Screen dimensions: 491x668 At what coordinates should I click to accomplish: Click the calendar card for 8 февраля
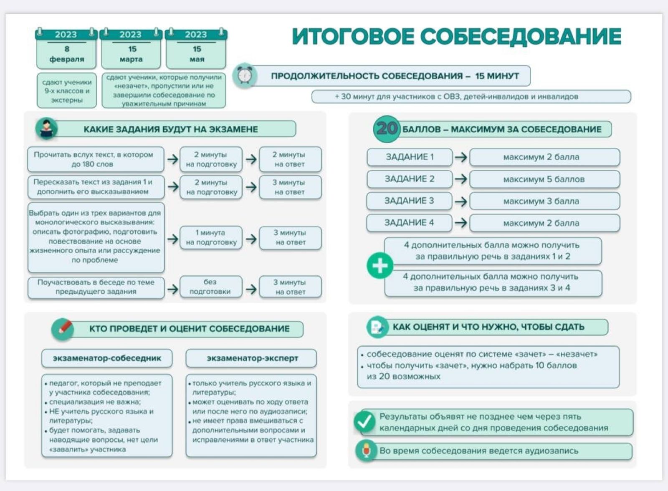coord(66,48)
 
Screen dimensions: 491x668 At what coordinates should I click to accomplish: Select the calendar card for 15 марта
coord(131,48)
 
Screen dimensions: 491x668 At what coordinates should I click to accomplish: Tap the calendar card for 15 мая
coord(196,48)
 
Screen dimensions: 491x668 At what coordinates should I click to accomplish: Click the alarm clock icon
coord(245,76)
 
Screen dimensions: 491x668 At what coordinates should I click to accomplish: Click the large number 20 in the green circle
coord(387,128)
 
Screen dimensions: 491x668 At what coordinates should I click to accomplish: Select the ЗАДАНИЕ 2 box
coord(409,179)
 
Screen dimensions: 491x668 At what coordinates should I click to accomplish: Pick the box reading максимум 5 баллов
coord(544,179)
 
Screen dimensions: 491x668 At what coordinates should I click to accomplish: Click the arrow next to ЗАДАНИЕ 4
coord(461,223)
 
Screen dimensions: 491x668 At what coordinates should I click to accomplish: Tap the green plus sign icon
coord(380,266)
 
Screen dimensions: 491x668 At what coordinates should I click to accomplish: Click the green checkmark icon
coord(364,422)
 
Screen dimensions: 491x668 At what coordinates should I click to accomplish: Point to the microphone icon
coord(366,451)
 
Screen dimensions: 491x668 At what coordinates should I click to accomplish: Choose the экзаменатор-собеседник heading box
coord(107,358)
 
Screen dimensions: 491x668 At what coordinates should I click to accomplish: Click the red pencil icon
coord(63,328)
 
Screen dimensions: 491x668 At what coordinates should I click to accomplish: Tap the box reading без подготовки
coord(210,287)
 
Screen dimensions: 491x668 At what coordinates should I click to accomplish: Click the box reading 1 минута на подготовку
coord(211,237)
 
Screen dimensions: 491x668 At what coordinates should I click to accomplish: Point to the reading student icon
coord(47,128)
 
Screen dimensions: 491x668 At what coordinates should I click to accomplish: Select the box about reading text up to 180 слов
coord(95,159)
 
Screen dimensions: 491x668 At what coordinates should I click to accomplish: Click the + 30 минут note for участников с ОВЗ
coord(471,97)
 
